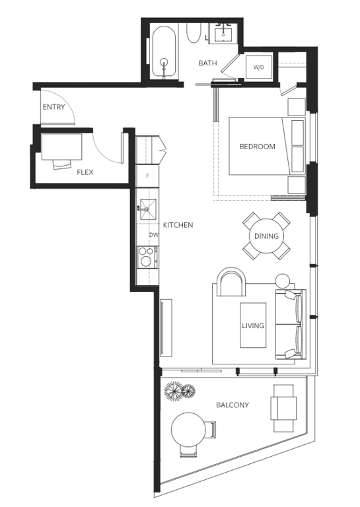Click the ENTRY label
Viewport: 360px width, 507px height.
[x=54, y=107]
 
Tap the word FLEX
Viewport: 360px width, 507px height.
[x=85, y=172]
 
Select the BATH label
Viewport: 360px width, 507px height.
[x=207, y=63]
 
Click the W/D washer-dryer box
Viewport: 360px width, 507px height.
[x=258, y=67]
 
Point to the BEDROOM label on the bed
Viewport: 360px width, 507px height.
[x=257, y=147]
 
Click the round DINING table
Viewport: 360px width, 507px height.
[x=266, y=236]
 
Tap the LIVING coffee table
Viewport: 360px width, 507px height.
[x=253, y=325]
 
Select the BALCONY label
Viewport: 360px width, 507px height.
[x=233, y=405]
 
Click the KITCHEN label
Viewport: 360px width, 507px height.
[x=178, y=225]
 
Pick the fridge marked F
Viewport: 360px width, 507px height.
[x=147, y=176]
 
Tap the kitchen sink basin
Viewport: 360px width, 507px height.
[x=148, y=209]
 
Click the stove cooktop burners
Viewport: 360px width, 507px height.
[x=147, y=257]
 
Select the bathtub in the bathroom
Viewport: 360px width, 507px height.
[x=164, y=52]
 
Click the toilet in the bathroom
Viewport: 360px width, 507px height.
[x=194, y=33]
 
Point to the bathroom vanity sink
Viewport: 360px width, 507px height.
[x=224, y=33]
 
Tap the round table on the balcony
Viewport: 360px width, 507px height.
[x=188, y=429]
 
